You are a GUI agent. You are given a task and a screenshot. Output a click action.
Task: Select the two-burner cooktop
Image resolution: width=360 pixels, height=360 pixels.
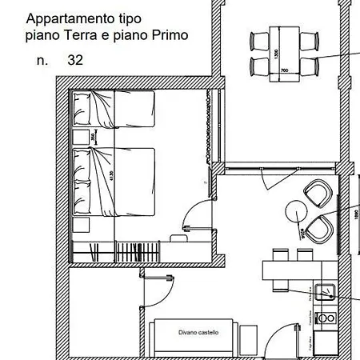coord(326,318)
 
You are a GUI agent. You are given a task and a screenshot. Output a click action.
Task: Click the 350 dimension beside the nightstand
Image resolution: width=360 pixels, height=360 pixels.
coord(94,137)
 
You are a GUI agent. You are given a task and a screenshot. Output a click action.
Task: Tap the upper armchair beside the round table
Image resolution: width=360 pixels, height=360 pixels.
coord(317,192)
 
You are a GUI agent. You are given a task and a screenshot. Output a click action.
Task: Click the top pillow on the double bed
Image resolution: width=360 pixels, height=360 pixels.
coord(82,161)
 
